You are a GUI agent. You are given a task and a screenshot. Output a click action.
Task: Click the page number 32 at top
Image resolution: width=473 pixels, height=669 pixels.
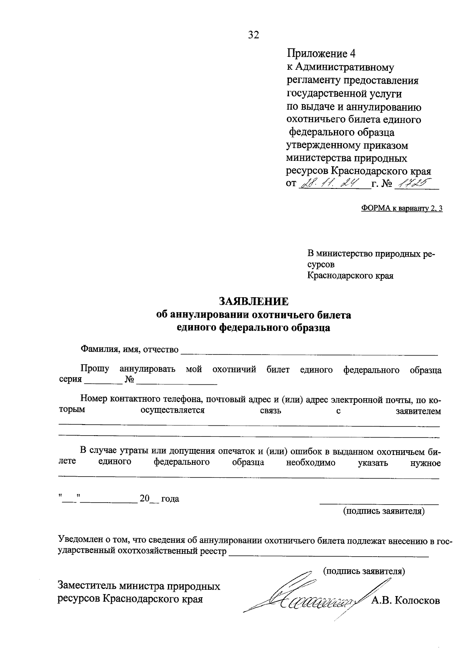254,35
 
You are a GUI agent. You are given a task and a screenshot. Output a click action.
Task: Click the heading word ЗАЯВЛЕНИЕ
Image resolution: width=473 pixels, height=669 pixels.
254,302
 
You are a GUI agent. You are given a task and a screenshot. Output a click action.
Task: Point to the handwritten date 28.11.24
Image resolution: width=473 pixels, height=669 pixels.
327,183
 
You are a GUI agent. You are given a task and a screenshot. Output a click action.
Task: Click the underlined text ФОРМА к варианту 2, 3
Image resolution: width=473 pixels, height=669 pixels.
402,209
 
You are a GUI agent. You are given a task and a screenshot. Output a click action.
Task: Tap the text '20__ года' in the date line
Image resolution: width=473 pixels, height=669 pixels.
159,499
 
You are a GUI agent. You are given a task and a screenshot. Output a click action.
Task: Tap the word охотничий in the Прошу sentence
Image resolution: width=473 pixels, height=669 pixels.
234,369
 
